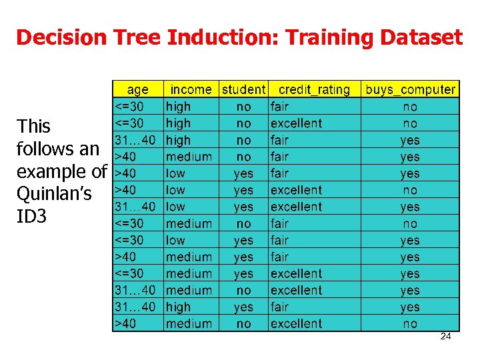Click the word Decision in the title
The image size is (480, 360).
click(61, 37)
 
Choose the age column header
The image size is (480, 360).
click(137, 89)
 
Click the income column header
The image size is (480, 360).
click(191, 89)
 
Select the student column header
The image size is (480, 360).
click(243, 89)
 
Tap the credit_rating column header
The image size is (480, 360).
click(314, 89)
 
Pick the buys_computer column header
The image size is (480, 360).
click(410, 89)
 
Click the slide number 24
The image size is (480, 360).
click(445, 337)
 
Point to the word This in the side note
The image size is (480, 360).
click(34, 126)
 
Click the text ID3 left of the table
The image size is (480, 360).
click(32, 216)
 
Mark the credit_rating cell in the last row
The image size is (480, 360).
click(296, 324)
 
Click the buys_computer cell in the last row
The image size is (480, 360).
click(410, 324)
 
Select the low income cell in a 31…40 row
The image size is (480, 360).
click(176, 207)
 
